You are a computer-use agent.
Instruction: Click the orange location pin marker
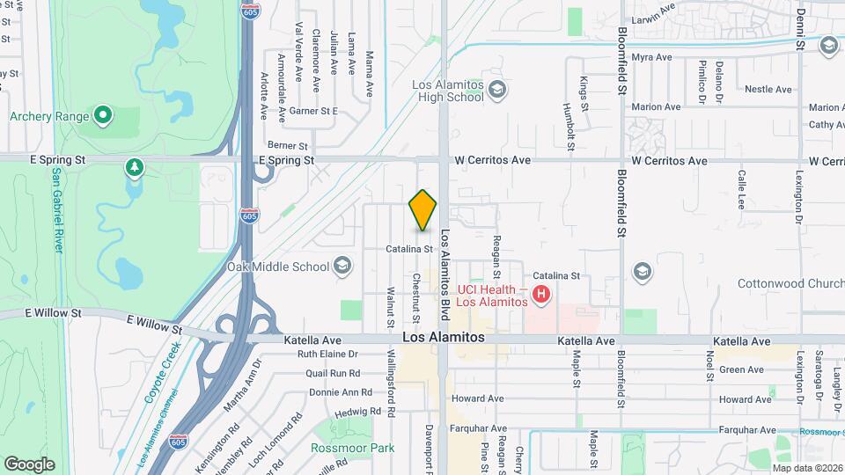(423, 210)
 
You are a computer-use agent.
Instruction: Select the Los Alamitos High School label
(449, 91)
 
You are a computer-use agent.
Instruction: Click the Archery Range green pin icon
(103, 114)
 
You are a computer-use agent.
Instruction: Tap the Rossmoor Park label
(352, 448)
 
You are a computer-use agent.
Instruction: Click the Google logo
(29, 464)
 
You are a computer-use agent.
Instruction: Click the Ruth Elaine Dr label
(329, 354)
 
